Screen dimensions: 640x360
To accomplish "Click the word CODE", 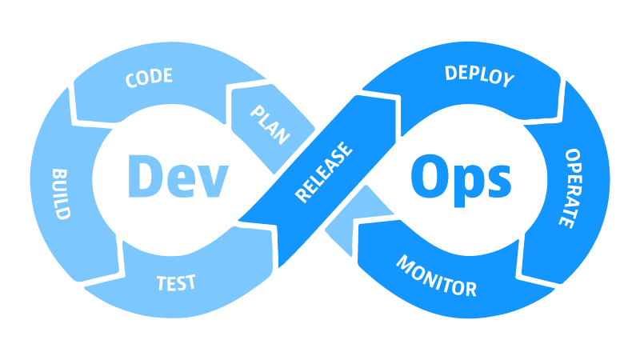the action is pyautogui.click(x=149, y=78).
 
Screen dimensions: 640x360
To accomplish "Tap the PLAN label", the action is pyautogui.click(x=270, y=125).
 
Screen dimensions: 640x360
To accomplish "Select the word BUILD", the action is pyautogui.click(x=62, y=194).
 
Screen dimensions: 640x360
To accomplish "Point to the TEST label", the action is pyautogui.click(x=176, y=283).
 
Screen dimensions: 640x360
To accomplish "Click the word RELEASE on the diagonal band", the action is pyautogui.click(x=323, y=172).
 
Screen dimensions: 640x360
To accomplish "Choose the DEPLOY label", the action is pyautogui.click(x=479, y=76).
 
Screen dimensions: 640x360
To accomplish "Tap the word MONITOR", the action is pyautogui.click(x=436, y=276).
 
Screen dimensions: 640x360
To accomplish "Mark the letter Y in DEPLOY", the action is pyautogui.click(x=508, y=80).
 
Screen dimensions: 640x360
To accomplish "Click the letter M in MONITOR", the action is pyautogui.click(x=406, y=263).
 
